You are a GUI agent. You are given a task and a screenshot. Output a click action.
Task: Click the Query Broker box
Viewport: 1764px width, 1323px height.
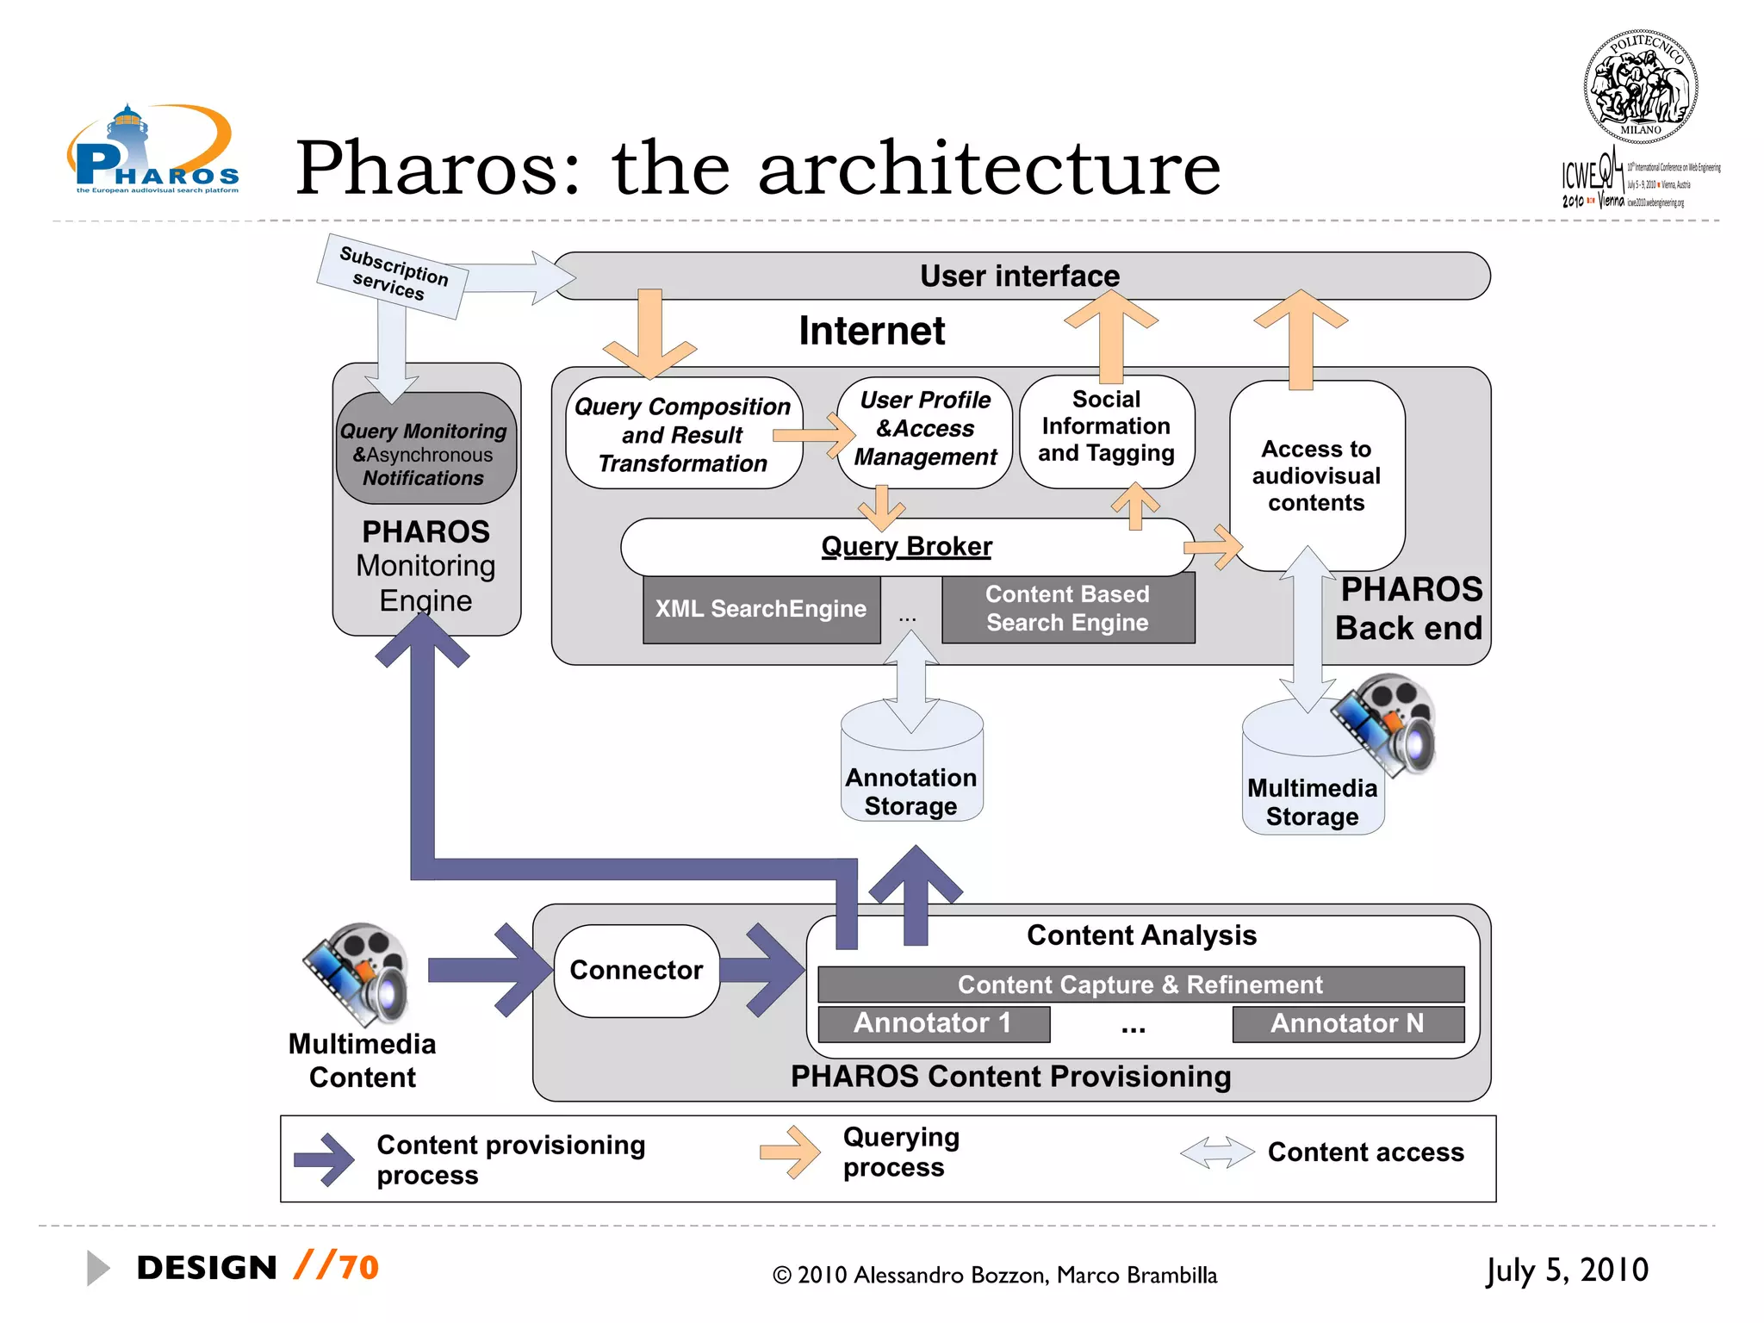point(906,547)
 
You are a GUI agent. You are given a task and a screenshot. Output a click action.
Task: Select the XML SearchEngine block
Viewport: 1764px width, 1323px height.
point(761,609)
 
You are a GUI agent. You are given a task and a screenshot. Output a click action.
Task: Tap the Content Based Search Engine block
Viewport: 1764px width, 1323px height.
point(1067,609)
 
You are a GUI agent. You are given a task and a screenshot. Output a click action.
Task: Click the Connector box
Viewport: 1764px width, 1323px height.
point(637,971)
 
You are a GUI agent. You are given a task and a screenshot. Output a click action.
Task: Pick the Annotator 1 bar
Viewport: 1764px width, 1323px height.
point(933,1023)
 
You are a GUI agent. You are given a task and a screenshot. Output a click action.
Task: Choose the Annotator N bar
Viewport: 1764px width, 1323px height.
point(1347,1023)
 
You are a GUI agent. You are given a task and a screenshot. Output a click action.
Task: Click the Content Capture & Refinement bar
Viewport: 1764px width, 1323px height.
point(1140,984)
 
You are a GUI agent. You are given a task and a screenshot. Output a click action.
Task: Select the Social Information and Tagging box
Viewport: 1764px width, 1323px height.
point(1106,428)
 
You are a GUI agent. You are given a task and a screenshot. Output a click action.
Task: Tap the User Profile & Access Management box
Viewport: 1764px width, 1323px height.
point(925,429)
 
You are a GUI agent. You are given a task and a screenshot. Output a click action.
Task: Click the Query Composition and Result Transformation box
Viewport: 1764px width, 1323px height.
point(682,435)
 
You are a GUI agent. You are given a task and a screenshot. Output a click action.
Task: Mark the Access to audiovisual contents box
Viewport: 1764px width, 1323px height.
point(1316,475)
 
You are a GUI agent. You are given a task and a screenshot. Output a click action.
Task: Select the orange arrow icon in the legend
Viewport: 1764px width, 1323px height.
point(790,1152)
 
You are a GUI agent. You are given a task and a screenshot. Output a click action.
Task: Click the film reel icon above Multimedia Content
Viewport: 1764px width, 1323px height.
point(356,973)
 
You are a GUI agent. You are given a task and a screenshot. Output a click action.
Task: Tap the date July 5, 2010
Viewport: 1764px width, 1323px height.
point(1567,1270)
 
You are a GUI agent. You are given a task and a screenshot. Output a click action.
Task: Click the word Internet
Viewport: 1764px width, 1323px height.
point(872,332)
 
